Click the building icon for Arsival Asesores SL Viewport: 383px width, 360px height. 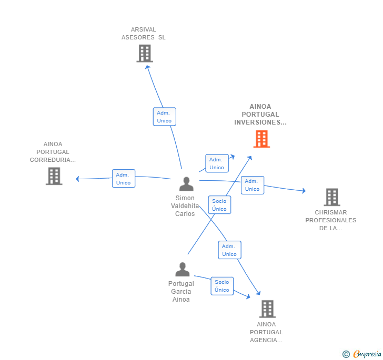point(144,53)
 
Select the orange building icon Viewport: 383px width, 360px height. point(261,139)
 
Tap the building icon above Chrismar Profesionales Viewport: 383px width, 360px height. point(331,197)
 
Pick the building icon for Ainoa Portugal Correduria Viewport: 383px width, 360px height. point(54,176)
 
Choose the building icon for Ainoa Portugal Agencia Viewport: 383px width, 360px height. point(267,309)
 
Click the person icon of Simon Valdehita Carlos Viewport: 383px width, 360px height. point(186,184)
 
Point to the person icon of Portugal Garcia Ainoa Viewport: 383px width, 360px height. point(182,270)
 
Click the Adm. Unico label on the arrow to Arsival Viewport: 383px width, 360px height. point(164,117)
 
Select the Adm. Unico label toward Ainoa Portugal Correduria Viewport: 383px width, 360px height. point(124,179)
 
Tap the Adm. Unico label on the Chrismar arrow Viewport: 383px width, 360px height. point(252,185)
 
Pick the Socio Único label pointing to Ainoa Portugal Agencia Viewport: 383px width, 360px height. point(222,286)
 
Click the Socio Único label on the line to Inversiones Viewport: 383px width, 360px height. point(219,205)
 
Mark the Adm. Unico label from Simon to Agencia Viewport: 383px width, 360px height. point(229,250)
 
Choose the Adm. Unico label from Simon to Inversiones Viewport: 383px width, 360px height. point(217,163)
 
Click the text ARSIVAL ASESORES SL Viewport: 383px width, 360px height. point(143,34)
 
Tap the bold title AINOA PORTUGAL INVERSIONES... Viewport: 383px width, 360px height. point(260,115)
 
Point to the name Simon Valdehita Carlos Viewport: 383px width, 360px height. point(185,206)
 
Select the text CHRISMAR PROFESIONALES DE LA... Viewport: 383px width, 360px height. point(331,220)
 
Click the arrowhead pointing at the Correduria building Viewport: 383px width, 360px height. point(78,179)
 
